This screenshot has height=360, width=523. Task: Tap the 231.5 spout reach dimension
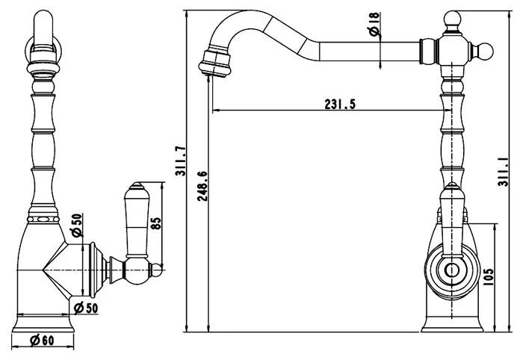[339, 105]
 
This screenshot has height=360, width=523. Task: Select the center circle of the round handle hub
[452, 270]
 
